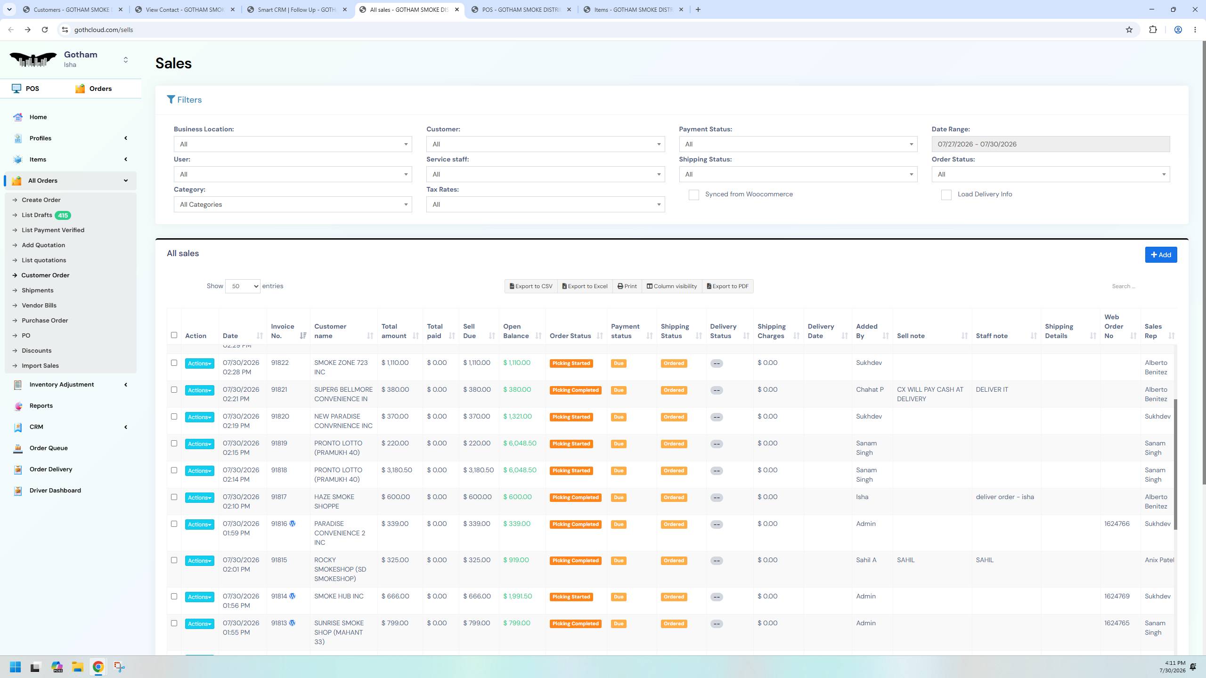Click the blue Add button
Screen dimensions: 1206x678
[x=1161, y=255]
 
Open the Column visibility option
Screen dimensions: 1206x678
[x=672, y=286]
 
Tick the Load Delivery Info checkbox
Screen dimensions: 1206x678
[x=946, y=195]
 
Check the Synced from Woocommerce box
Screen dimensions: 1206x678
[x=693, y=195]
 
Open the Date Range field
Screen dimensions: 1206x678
[x=1051, y=144]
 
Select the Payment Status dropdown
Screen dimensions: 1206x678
[x=798, y=144]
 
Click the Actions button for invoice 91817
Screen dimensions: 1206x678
[x=199, y=498]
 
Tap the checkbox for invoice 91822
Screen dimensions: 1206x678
[x=174, y=363]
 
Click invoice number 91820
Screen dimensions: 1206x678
[x=280, y=417]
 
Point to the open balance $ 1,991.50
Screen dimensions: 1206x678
[x=517, y=597]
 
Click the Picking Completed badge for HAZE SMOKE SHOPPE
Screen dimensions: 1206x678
[x=575, y=498]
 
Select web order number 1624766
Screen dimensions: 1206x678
[x=1117, y=524]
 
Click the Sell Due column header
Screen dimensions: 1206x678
[x=470, y=331]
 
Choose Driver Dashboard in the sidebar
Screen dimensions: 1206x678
[x=55, y=491]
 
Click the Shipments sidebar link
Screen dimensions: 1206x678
[x=37, y=291]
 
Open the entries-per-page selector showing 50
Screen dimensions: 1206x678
[x=243, y=286]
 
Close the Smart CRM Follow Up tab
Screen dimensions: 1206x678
[x=345, y=9]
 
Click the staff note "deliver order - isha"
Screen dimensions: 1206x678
[x=1005, y=497]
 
